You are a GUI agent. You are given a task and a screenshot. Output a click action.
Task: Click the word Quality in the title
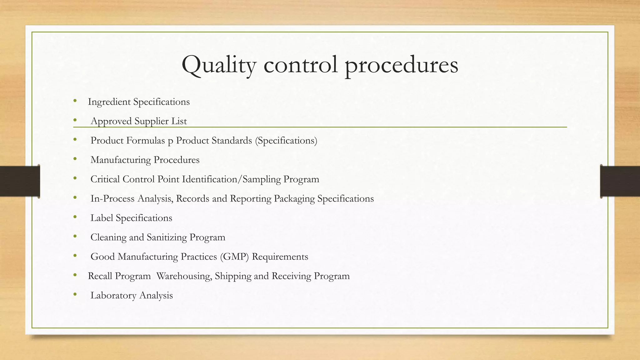point(219,65)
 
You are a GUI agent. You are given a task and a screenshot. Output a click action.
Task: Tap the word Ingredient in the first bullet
point(109,102)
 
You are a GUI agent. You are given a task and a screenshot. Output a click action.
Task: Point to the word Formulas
point(145,141)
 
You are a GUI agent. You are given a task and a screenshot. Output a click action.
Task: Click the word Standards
point(232,141)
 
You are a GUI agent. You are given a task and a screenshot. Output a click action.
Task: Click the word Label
point(102,218)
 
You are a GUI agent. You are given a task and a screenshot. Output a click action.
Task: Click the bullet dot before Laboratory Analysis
point(75,294)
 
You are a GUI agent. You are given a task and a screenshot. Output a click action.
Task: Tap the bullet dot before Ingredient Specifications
point(75,101)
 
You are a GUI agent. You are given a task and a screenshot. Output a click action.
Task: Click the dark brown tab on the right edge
point(620,181)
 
